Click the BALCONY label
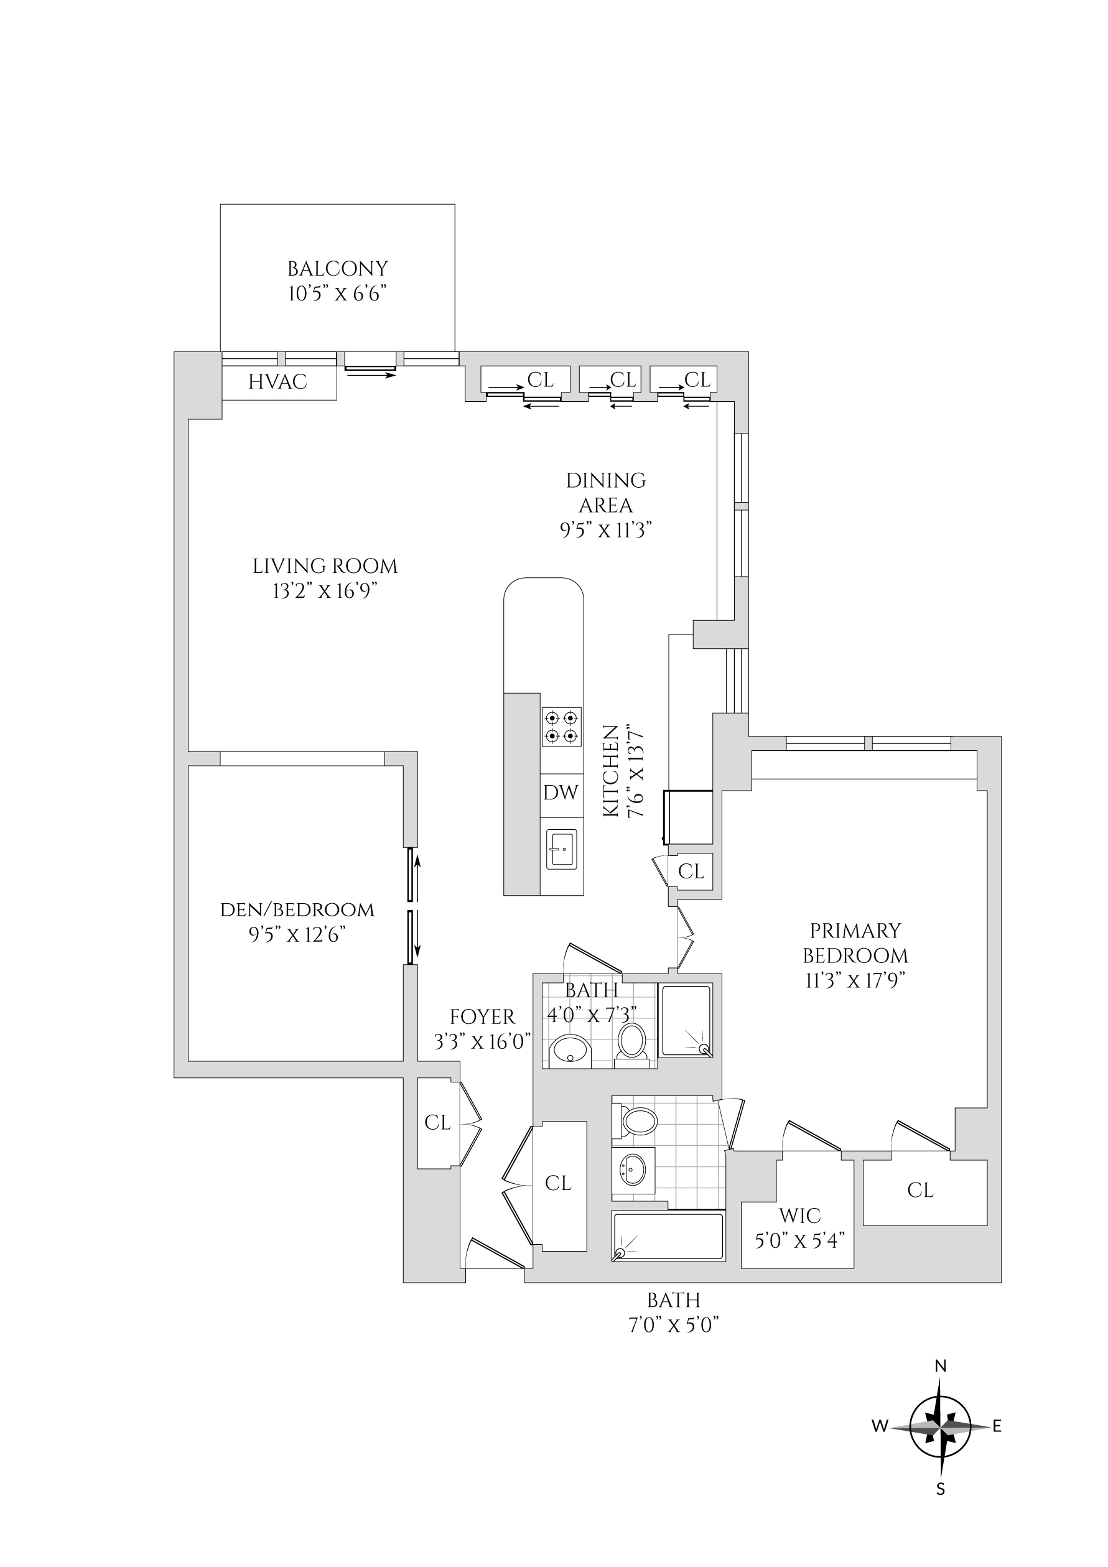[x=337, y=268]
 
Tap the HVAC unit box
[x=278, y=382]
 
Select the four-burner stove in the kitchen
[x=562, y=727]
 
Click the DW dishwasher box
[x=561, y=793]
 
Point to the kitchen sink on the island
[x=561, y=849]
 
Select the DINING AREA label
[x=605, y=493]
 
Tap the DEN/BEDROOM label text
[x=297, y=909]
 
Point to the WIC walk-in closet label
[x=800, y=1216]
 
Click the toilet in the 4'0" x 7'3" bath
[x=632, y=1042]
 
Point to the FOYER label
[x=482, y=1017]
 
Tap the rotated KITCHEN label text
[x=611, y=771]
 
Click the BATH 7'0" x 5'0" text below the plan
[x=674, y=1313]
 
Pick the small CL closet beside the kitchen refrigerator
[x=691, y=872]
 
